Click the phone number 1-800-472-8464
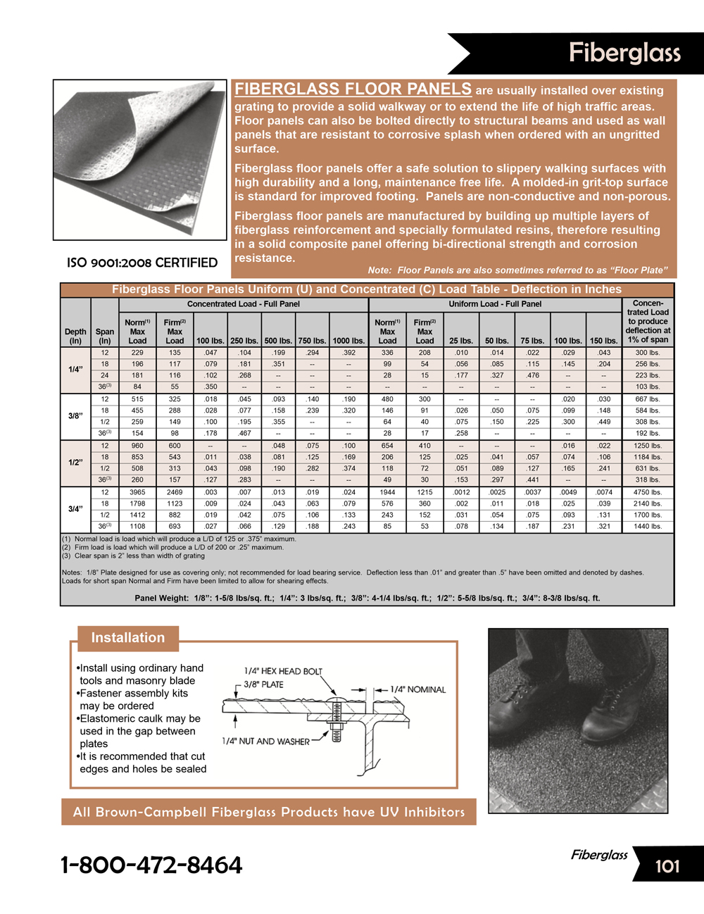tap(151, 865)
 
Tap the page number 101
tap(667, 865)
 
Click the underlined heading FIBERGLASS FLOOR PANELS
tap(353, 89)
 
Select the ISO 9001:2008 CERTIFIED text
tap(142, 263)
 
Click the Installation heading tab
tap(127, 638)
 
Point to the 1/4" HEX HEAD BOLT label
tap(283, 671)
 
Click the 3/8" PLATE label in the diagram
tap(263, 684)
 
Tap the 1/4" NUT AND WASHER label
tap(265, 741)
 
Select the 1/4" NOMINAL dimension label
tap(418, 689)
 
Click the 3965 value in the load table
tap(137, 492)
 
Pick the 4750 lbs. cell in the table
tap(647, 492)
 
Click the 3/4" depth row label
tap(75, 508)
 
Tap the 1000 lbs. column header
tap(348, 341)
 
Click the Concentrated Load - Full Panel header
tap(243, 304)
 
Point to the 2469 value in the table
tap(175, 492)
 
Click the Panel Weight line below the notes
tap(367, 598)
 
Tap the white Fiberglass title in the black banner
tap(624, 53)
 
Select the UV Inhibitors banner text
tap(268, 812)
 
